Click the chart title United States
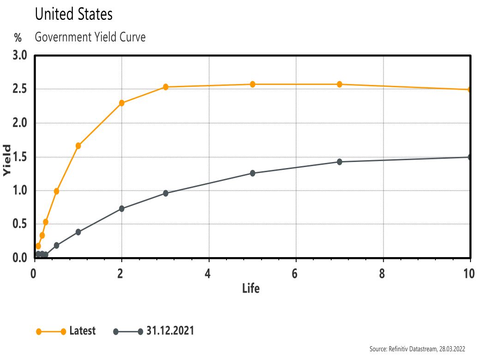(x=73, y=14)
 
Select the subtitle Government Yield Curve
(x=90, y=37)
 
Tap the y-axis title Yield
(x=6, y=160)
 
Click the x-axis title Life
(x=251, y=289)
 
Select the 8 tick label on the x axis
(x=382, y=273)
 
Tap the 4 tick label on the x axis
(x=209, y=273)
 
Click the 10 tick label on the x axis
(x=469, y=273)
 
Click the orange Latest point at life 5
(x=252, y=84)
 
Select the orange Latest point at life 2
(x=122, y=103)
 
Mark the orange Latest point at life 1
(x=78, y=146)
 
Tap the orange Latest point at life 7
(x=340, y=84)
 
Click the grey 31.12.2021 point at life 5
(x=252, y=173)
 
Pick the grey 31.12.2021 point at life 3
(x=166, y=193)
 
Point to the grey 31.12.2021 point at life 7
(x=340, y=162)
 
